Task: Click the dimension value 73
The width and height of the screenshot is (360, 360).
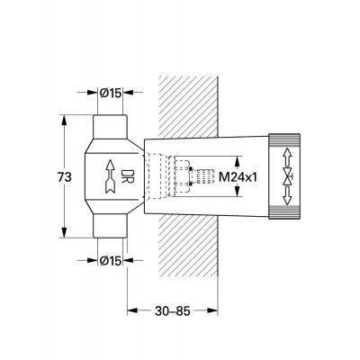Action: pos(65,177)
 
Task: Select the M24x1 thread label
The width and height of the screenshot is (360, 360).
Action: pos(238,176)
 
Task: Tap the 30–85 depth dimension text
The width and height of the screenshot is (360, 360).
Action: pos(173,311)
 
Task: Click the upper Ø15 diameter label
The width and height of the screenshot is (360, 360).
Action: pos(110,93)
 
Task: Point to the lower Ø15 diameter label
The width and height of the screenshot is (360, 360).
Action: pos(110,260)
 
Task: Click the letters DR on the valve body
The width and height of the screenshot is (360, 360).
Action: pos(126,176)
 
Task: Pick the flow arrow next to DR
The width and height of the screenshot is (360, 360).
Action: pos(110,176)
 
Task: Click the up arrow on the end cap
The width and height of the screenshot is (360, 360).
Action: pos(287,158)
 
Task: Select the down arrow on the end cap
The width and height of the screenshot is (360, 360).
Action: pos(287,196)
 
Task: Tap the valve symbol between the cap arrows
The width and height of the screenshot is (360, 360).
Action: pos(288,177)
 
